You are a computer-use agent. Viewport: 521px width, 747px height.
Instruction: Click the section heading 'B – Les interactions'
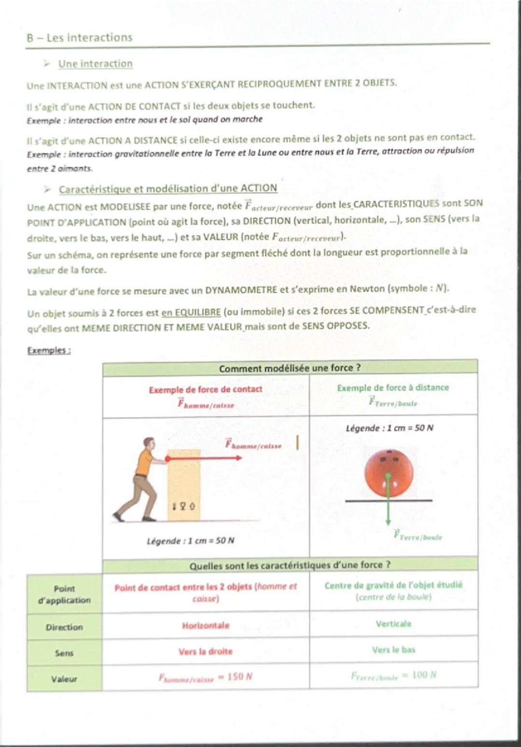point(80,38)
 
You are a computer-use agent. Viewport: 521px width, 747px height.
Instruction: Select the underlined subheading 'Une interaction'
point(95,64)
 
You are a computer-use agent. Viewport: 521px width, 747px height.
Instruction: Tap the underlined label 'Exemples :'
point(49,350)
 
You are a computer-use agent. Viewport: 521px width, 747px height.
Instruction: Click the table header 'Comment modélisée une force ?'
point(289,368)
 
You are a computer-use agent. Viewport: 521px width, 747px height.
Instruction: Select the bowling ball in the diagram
point(388,475)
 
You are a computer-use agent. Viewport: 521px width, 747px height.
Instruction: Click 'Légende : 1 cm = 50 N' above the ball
point(389,428)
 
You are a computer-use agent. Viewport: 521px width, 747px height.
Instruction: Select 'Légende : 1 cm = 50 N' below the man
point(190,541)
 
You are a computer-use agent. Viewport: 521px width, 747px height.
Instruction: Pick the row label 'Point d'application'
point(64,594)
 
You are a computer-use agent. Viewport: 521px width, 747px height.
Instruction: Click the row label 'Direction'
point(64,627)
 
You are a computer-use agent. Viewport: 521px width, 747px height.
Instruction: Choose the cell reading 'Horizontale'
point(206,625)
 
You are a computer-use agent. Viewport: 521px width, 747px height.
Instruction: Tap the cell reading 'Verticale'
point(394,624)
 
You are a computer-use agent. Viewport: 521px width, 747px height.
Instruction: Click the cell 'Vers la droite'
point(206,651)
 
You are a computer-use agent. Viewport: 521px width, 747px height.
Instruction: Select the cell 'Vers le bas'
point(394,650)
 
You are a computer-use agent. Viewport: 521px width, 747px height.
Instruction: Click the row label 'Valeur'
point(64,679)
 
